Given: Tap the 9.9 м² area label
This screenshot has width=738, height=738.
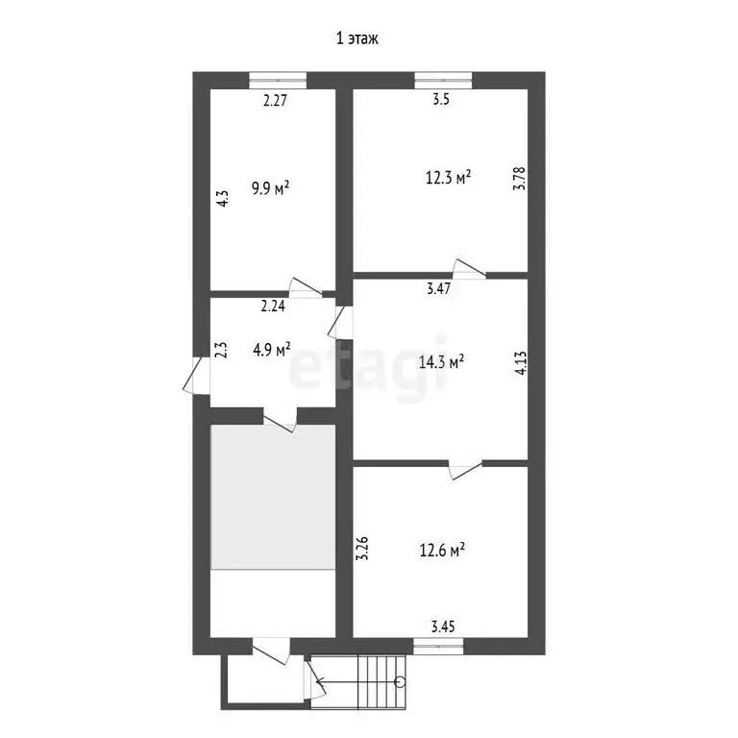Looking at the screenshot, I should (x=270, y=188).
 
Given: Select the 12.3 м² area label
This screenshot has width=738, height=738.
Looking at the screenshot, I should (x=448, y=178).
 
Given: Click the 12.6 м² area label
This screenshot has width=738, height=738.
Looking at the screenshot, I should (x=442, y=551).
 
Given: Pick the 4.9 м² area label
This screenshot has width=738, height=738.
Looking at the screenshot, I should (x=272, y=350).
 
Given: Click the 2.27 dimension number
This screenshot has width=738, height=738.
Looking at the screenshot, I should (x=277, y=98).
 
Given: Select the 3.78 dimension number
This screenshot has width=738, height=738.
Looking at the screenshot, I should (x=519, y=179).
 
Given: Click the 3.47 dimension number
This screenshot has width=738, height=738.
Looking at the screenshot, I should (x=440, y=287).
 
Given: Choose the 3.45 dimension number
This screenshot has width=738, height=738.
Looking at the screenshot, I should (x=442, y=627).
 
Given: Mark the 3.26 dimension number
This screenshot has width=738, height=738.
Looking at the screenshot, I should (x=362, y=548).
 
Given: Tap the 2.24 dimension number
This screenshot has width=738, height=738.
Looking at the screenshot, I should (x=274, y=307).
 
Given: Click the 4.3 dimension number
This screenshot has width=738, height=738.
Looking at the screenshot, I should (x=221, y=198).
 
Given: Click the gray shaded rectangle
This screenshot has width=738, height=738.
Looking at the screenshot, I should (x=273, y=497).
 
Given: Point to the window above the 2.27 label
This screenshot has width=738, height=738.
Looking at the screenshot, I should (x=277, y=80).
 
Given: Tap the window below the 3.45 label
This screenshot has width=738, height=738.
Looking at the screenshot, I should (x=438, y=646).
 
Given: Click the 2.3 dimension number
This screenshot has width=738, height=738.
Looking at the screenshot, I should (x=221, y=350).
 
